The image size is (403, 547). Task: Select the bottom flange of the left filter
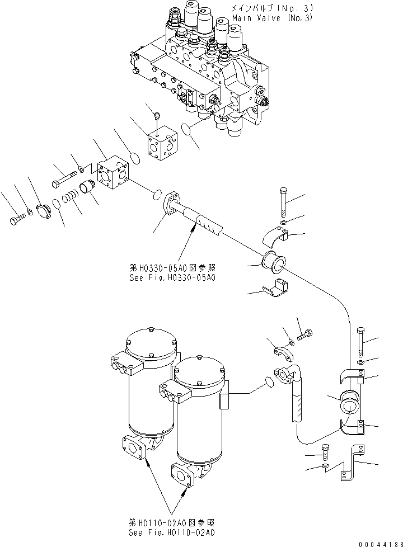tap(137, 447)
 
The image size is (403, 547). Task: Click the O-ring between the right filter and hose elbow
tap(269, 381)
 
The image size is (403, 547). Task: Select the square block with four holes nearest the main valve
tap(162, 145)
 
